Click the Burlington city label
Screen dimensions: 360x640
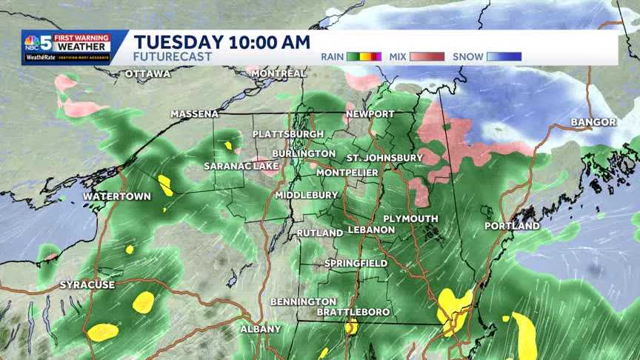(x=304, y=153)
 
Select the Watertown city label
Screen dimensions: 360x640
(x=116, y=196)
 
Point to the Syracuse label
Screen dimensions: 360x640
(x=87, y=285)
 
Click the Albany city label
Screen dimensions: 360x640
(x=260, y=329)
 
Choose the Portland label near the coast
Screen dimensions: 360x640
(x=512, y=225)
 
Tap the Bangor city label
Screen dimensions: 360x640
(x=593, y=121)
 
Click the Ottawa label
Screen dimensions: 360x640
(x=147, y=74)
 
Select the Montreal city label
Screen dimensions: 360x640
(x=279, y=73)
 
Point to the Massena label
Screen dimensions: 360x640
(x=195, y=114)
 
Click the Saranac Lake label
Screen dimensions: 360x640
(x=241, y=166)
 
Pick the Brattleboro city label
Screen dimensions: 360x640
(x=353, y=312)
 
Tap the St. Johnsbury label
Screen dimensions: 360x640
(x=384, y=158)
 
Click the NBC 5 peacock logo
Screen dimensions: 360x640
(x=32, y=41)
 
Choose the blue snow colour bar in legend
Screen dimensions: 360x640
(x=504, y=56)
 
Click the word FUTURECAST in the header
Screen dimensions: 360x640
(x=173, y=56)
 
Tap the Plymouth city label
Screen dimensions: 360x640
(x=410, y=219)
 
